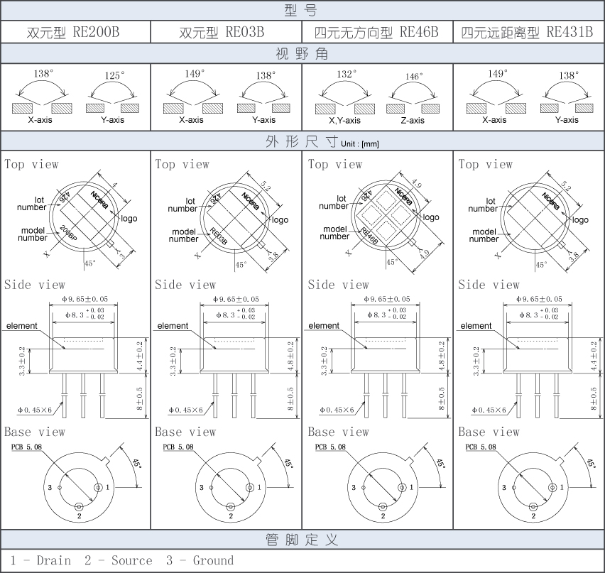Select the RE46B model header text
coord(377,33)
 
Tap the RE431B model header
coord(527,33)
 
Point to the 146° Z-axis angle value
coord(414,76)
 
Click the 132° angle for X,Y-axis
coord(346,73)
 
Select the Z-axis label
coord(413,120)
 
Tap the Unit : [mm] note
coord(360,144)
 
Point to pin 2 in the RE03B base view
coord(231,507)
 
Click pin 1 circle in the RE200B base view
coord(99,488)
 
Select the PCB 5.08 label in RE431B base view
coord(484,447)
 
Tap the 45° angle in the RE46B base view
coord(440,464)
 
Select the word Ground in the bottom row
coord(213,560)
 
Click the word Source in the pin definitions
coord(131,560)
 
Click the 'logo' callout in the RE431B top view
coord(580,220)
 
